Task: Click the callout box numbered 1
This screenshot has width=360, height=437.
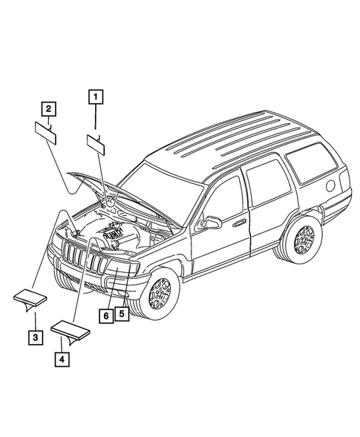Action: click(96, 95)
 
